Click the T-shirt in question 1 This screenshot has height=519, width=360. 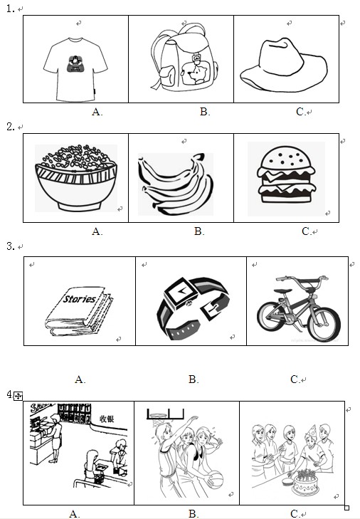click(x=75, y=70)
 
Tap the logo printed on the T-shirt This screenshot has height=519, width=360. click(x=75, y=63)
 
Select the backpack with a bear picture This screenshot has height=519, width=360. click(x=184, y=57)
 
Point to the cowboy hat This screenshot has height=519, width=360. click(x=284, y=65)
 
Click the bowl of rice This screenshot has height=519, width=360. click(x=76, y=178)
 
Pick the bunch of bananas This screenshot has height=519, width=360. click(x=176, y=184)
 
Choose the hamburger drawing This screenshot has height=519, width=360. click(x=286, y=174)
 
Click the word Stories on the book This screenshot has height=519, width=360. click(x=80, y=298)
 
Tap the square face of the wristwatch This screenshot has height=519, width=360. click(x=181, y=293)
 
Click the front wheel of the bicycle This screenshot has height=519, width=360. click(x=324, y=324)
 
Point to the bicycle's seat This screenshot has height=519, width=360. click(x=283, y=291)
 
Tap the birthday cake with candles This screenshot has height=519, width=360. click(x=306, y=483)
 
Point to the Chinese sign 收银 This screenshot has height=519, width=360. click(x=107, y=419)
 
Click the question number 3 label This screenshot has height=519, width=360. click(x=11, y=246)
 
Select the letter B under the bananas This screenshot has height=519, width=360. click(x=199, y=231)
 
